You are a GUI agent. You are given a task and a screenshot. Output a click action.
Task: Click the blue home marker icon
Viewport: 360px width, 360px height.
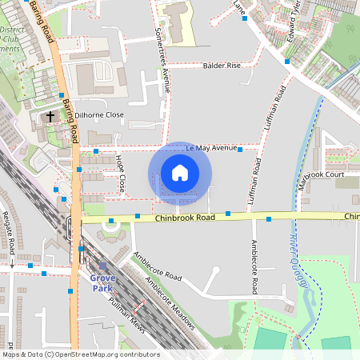tap(180, 173)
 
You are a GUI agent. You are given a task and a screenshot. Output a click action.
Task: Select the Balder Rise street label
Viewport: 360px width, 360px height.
tap(222, 66)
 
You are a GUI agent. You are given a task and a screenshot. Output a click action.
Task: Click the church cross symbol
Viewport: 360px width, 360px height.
tap(50, 117)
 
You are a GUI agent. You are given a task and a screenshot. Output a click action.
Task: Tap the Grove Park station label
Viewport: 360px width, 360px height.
tap(103, 282)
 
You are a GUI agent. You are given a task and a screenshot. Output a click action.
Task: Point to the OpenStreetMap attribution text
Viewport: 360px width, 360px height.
tap(81, 354)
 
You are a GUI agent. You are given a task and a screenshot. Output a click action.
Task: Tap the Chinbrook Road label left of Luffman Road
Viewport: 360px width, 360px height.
tap(186, 217)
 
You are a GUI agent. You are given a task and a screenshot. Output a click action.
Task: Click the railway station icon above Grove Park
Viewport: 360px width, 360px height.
tap(102, 266)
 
